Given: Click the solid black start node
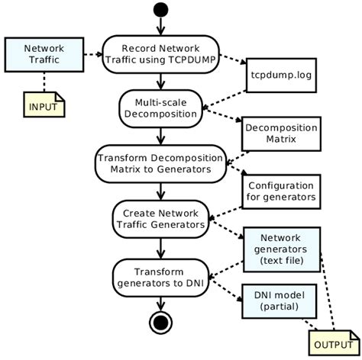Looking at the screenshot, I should point(160,10).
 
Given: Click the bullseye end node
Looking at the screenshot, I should point(160,323).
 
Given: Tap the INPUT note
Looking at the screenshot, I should point(43,106).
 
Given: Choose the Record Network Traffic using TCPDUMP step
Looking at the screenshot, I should point(160,54).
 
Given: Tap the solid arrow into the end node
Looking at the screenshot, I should point(160,303).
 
